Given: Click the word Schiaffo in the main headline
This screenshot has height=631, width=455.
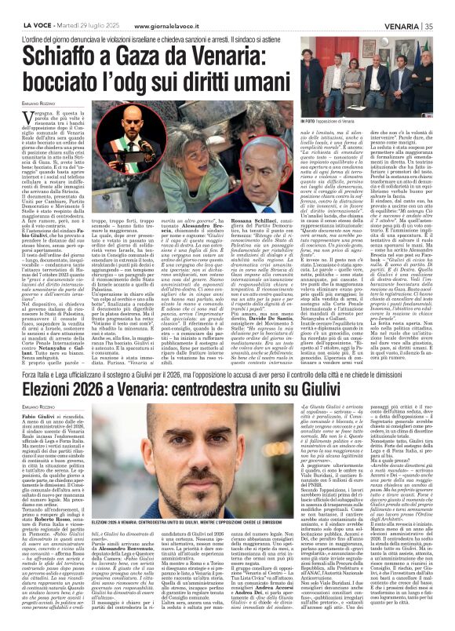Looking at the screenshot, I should pos(56,54).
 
